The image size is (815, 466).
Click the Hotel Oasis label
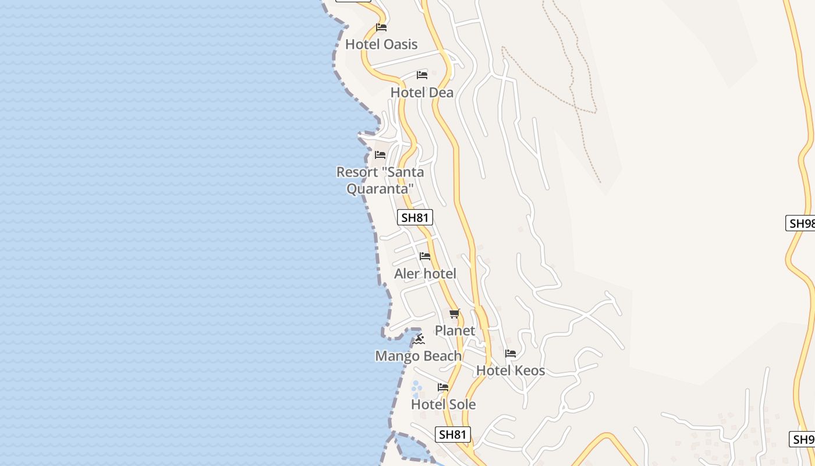click(381, 44)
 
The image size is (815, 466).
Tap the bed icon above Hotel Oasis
click(381, 27)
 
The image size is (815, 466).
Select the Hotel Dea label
click(421, 93)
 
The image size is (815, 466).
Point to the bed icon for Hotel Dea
click(422, 75)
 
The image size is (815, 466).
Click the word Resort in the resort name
click(357, 172)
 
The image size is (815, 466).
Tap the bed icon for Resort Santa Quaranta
click(380, 155)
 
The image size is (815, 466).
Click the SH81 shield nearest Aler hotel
click(415, 218)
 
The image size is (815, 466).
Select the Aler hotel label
click(425, 274)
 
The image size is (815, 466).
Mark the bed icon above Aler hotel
click(425, 256)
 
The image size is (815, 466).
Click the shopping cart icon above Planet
click(455, 314)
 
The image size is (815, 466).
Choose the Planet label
click(455, 331)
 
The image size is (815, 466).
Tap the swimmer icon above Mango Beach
click(419, 339)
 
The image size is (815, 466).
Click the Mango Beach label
click(418, 356)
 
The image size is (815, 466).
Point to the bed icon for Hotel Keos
click(511, 354)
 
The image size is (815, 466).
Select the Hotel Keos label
click(511, 370)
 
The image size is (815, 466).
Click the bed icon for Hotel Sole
click(443, 387)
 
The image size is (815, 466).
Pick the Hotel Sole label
click(443, 404)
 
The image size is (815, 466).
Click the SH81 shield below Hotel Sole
click(452, 435)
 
